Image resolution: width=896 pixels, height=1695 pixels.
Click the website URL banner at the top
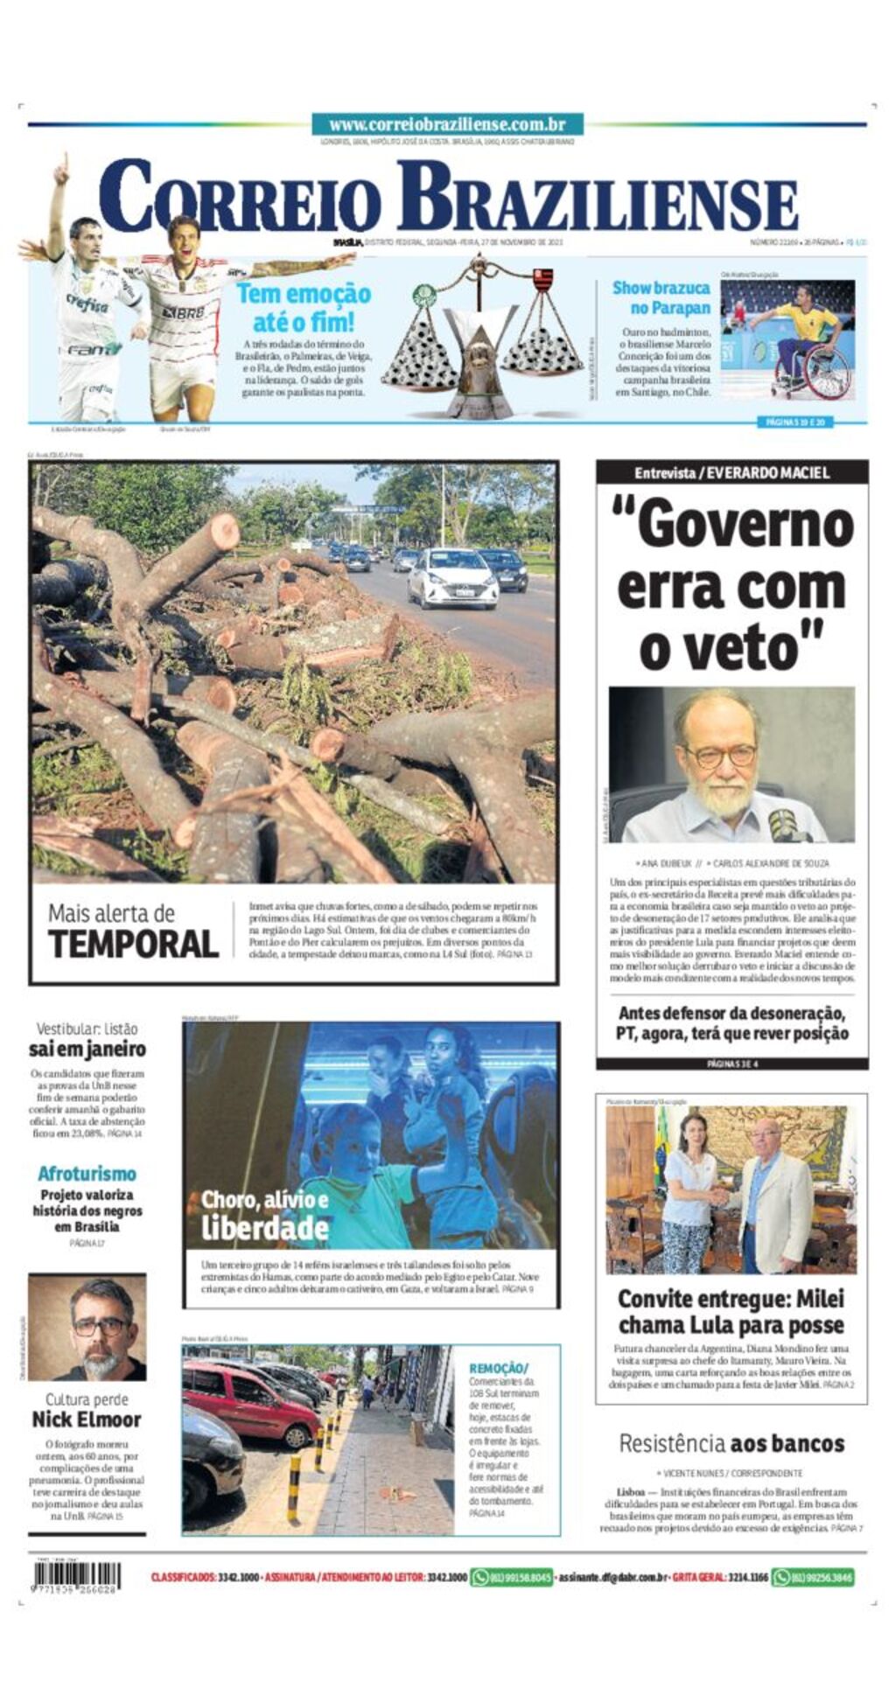tap(447, 125)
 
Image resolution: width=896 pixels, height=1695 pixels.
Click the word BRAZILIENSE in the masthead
tap(597, 197)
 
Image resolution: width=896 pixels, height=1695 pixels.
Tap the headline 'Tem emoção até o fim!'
tap(303, 307)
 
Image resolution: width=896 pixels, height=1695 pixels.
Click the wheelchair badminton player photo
tap(787, 339)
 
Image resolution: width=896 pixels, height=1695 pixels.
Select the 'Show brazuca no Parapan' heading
tap(661, 297)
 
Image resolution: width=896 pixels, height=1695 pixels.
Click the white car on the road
tap(452, 577)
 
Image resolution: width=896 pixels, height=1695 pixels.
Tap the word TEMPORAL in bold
tap(133, 945)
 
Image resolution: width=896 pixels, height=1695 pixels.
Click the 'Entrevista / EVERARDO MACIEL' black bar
tap(731, 473)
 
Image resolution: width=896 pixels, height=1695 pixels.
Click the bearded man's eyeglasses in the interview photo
tap(719, 756)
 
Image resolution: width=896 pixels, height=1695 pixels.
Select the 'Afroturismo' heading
tap(87, 1174)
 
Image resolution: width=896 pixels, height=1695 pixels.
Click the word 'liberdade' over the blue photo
tap(264, 1228)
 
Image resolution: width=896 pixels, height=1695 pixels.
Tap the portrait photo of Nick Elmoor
tap(87, 1326)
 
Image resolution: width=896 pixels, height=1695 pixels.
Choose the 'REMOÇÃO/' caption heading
tap(499, 1368)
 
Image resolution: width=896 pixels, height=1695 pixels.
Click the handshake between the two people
tap(718, 1196)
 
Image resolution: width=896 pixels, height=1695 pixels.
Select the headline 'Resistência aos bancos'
tap(731, 1444)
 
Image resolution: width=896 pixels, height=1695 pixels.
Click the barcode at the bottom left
tap(76, 1577)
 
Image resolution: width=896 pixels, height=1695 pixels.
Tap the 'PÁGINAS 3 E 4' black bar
tap(731, 1064)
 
